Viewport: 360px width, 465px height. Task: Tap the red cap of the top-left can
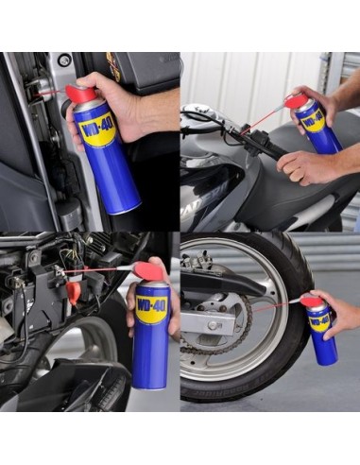click(x=79, y=95)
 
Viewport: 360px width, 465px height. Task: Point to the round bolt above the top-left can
click(x=64, y=60)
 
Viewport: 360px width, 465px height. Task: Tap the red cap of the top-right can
click(x=296, y=99)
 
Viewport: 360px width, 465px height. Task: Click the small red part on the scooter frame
click(x=73, y=292)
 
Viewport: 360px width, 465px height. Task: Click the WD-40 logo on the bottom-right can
click(x=318, y=321)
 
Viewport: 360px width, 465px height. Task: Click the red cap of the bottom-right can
click(x=310, y=301)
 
